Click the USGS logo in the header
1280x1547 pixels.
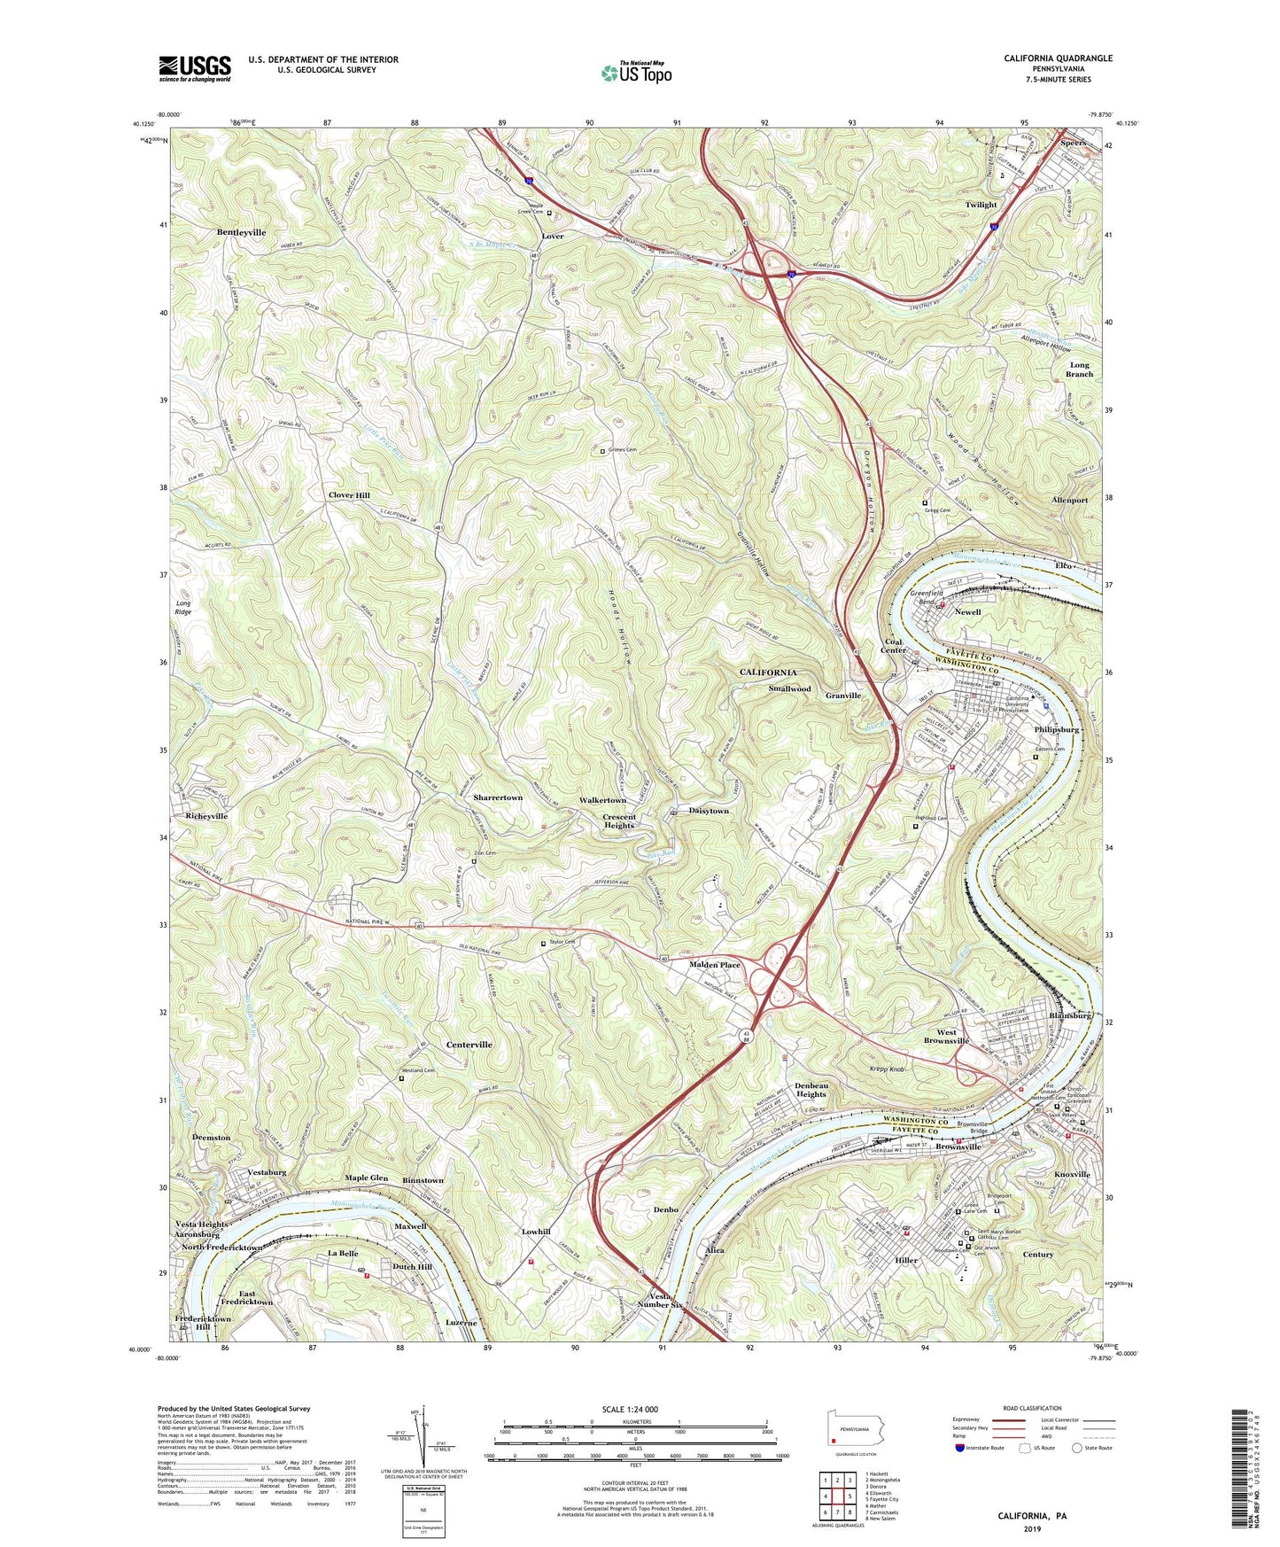pyautogui.click(x=195, y=68)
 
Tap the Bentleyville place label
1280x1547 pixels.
pyautogui.click(x=241, y=232)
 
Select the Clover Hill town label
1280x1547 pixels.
pyautogui.click(x=349, y=495)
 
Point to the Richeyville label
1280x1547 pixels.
pyautogui.click(x=206, y=816)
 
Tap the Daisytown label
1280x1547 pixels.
pyautogui.click(x=709, y=811)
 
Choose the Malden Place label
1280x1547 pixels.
pyautogui.click(x=715, y=965)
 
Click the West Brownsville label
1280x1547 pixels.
pyautogui.click(x=946, y=1037)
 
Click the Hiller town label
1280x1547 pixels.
pyautogui.click(x=906, y=1260)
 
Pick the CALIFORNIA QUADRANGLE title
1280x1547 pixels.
pyautogui.click(x=1058, y=58)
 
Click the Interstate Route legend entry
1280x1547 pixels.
pyautogui.click(x=979, y=1447)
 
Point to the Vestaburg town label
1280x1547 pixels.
pyautogui.click(x=267, y=1172)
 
